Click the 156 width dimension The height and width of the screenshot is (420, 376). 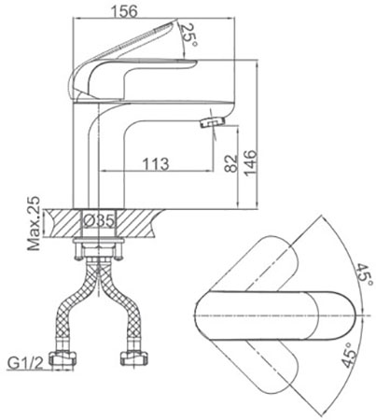click(x=124, y=11)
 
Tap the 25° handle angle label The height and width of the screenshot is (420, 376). click(x=189, y=35)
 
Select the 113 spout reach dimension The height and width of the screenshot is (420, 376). click(x=156, y=163)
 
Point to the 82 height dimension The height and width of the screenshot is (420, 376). click(x=230, y=163)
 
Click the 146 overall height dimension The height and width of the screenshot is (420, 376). click(x=251, y=163)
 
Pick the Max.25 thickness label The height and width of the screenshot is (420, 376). click(x=34, y=223)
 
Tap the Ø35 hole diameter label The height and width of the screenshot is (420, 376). click(x=100, y=221)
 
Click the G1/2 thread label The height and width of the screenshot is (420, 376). click(x=26, y=363)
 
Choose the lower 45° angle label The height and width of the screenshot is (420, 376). click(x=349, y=355)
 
